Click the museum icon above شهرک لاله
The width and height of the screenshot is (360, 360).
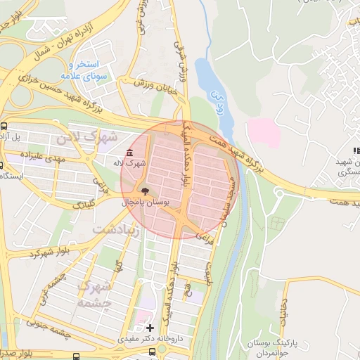tap(129, 153)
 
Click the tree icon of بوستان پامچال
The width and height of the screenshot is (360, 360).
tap(144, 191)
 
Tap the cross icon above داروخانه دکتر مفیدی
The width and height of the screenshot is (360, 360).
tap(149, 328)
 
